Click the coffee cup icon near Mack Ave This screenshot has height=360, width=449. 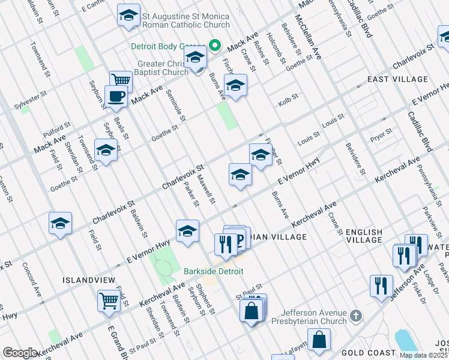tap(116, 96)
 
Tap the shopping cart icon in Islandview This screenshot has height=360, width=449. tap(109, 300)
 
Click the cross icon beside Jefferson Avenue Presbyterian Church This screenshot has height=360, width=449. tap(356, 315)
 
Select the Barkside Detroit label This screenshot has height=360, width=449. tap(214, 271)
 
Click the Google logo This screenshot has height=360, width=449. tap(20, 353)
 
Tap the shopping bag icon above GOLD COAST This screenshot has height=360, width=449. tap(320, 339)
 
